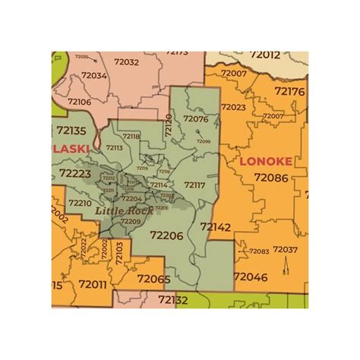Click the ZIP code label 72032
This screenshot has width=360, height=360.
tap(126, 62)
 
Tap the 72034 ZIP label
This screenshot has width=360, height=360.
tap(94, 76)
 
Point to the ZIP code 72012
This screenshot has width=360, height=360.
tap(263, 55)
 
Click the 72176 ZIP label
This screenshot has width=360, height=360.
tap(289, 91)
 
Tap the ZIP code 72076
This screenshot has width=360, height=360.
tap(195, 118)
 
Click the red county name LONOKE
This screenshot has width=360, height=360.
tap(266, 161)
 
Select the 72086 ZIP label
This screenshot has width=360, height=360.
tap(271, 177)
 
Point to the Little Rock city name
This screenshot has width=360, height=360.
tap(125, 209)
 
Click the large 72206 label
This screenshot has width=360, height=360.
tap(166, 235)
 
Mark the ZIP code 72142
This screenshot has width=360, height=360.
tap(216, 226)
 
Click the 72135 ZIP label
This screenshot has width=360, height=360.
tap(71, 131)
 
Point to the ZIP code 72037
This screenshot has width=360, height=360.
tap(286, 250)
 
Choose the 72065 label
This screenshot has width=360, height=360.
tap(153, 279)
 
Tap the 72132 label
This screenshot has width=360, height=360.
tap(173, 300)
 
